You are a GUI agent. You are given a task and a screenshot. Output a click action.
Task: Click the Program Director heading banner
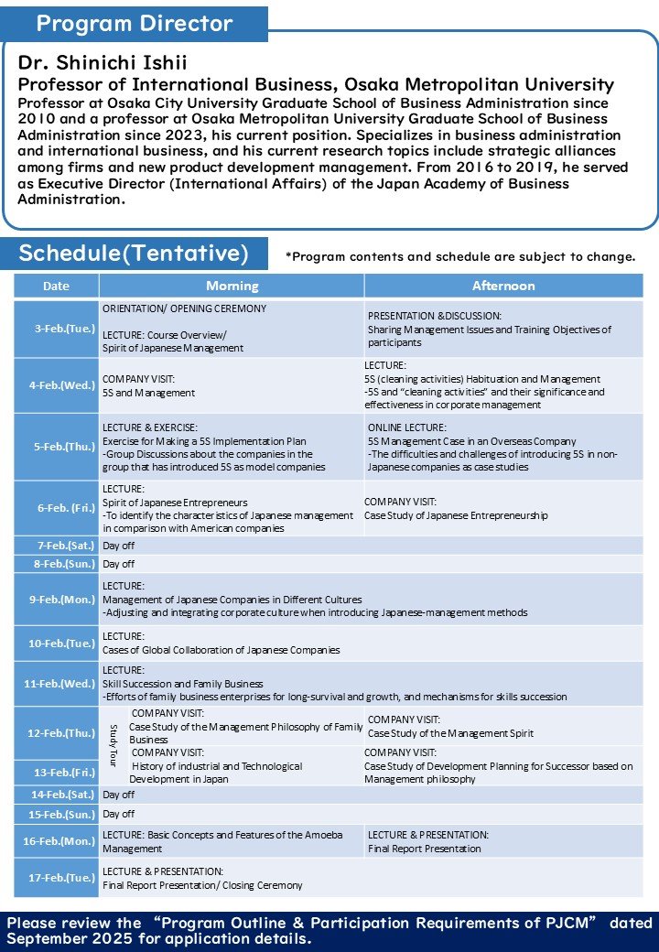135,24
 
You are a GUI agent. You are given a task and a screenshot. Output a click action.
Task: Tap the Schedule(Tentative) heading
134,254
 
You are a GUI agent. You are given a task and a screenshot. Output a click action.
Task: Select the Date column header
56,286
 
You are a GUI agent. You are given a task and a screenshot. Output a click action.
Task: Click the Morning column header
232,286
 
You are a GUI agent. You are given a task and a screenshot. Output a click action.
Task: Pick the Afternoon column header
502,286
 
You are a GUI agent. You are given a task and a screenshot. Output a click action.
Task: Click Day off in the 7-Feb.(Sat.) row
118,546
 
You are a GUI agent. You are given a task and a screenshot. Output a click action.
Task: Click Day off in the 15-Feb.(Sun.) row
118,814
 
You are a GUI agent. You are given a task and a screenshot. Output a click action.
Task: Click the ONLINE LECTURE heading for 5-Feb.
407,427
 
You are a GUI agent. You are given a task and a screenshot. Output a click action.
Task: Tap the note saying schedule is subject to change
460,256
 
